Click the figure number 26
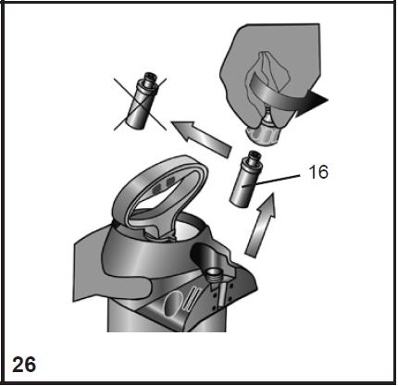click(x=24, y=365)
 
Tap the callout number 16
click(x=318, y=172)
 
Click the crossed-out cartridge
click(x=142, y=101)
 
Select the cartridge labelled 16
click(x=246, y=180)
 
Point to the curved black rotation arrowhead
click(x=312, y=103)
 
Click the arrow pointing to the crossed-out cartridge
click(x=201, y=137)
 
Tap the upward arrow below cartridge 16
click(x=260, y=225)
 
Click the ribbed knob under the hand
click(x=262, y=135)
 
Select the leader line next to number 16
click(x=271, y=181)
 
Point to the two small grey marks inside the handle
click(x=163, y=184)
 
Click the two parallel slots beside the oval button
click(x=192, y=298)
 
